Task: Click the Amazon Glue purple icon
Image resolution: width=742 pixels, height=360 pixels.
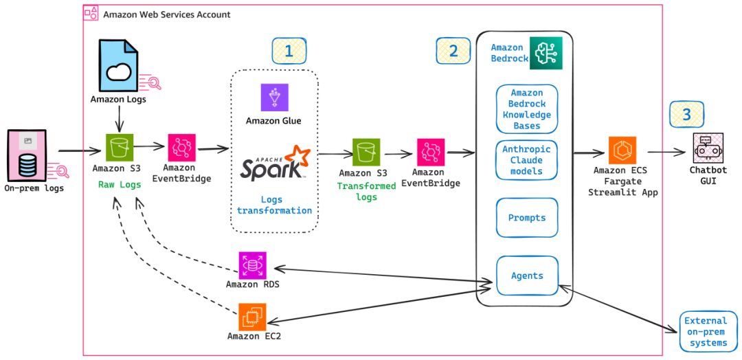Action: click(x=274, y=98)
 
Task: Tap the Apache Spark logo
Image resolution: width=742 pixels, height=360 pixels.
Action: click(x=274, y=164)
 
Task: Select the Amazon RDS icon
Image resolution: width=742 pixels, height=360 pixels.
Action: click(x=253, y=265)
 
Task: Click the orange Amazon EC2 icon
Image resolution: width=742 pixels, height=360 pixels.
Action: click(x=253, y=317)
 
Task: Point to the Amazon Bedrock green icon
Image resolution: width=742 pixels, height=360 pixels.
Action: click(x=545, y=52)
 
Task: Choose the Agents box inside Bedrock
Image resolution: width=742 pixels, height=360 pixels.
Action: click(x=527, y=275)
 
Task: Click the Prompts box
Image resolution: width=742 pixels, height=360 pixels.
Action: click(x=527, y=218)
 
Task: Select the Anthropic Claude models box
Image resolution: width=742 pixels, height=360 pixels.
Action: click(x=527, y=159)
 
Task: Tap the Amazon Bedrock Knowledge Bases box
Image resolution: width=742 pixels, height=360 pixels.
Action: click(x=527, y=109)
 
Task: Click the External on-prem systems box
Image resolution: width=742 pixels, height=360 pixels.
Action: click(x=708, y=331)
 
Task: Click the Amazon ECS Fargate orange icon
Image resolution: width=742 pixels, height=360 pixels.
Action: click(x=622, y=150)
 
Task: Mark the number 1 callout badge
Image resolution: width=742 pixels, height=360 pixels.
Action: click(x=289, y=51)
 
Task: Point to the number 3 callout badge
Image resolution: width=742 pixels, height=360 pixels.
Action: click(x=686, y=115)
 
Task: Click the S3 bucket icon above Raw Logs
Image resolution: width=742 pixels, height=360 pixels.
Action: click(x=120, y=147)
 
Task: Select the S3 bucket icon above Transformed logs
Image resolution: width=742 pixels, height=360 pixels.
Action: click(x=366, y=152)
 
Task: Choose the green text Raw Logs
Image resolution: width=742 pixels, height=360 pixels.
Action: click(x=120, y=185)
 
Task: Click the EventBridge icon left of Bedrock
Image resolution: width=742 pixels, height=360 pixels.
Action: click(x=431, y=152)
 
